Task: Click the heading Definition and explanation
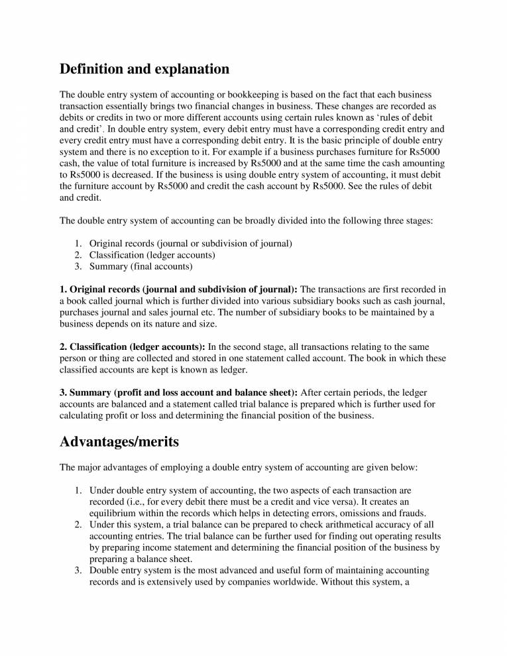coord(144,69)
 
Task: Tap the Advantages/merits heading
coord(119,441)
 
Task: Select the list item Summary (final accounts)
coord(141,266)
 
